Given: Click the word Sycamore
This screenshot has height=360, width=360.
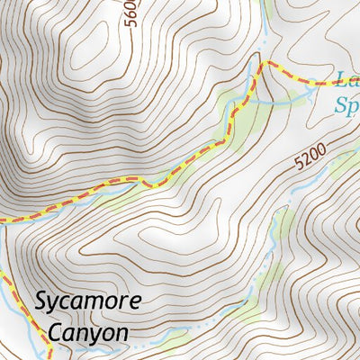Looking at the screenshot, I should click(88, 301).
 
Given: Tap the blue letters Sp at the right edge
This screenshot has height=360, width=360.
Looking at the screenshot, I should click(346, 105).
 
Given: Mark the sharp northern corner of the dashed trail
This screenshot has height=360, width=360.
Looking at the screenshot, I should click(263, 64).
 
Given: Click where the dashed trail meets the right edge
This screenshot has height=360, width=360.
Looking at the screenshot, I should click(357, 83).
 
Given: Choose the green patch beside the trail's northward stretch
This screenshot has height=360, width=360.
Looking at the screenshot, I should click(236, 112).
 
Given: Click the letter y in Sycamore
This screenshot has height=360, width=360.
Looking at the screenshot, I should click(57, 304).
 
